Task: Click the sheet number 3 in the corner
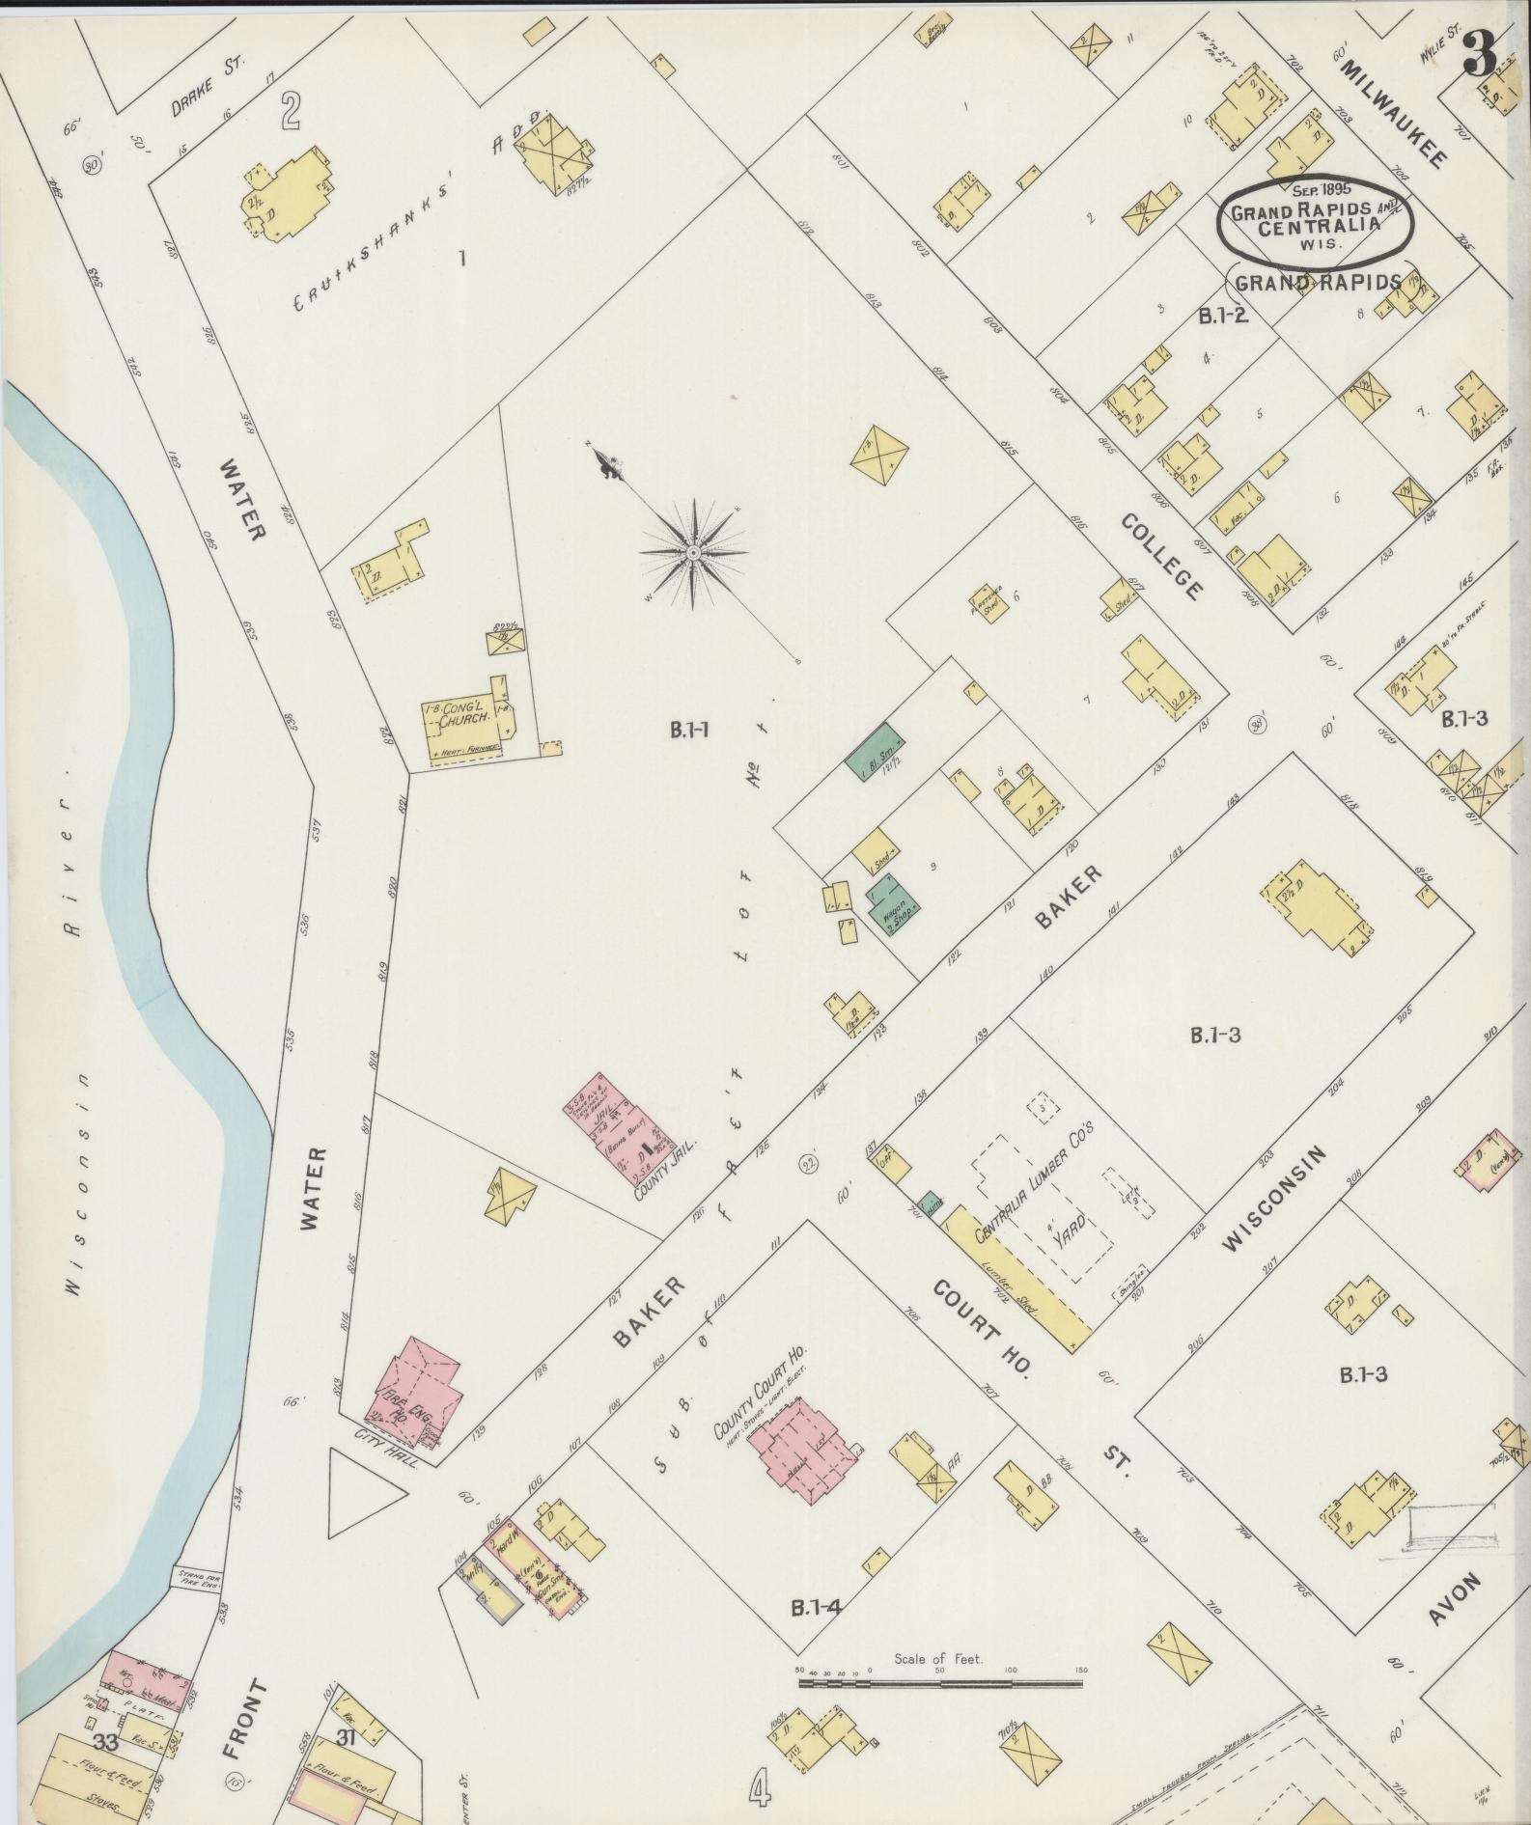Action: click(x=1479, y=55)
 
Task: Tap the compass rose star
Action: click(x=693, y=552)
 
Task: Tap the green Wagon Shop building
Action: click(x=891, y=903)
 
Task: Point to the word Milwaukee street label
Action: click(x=1392, y=110)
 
